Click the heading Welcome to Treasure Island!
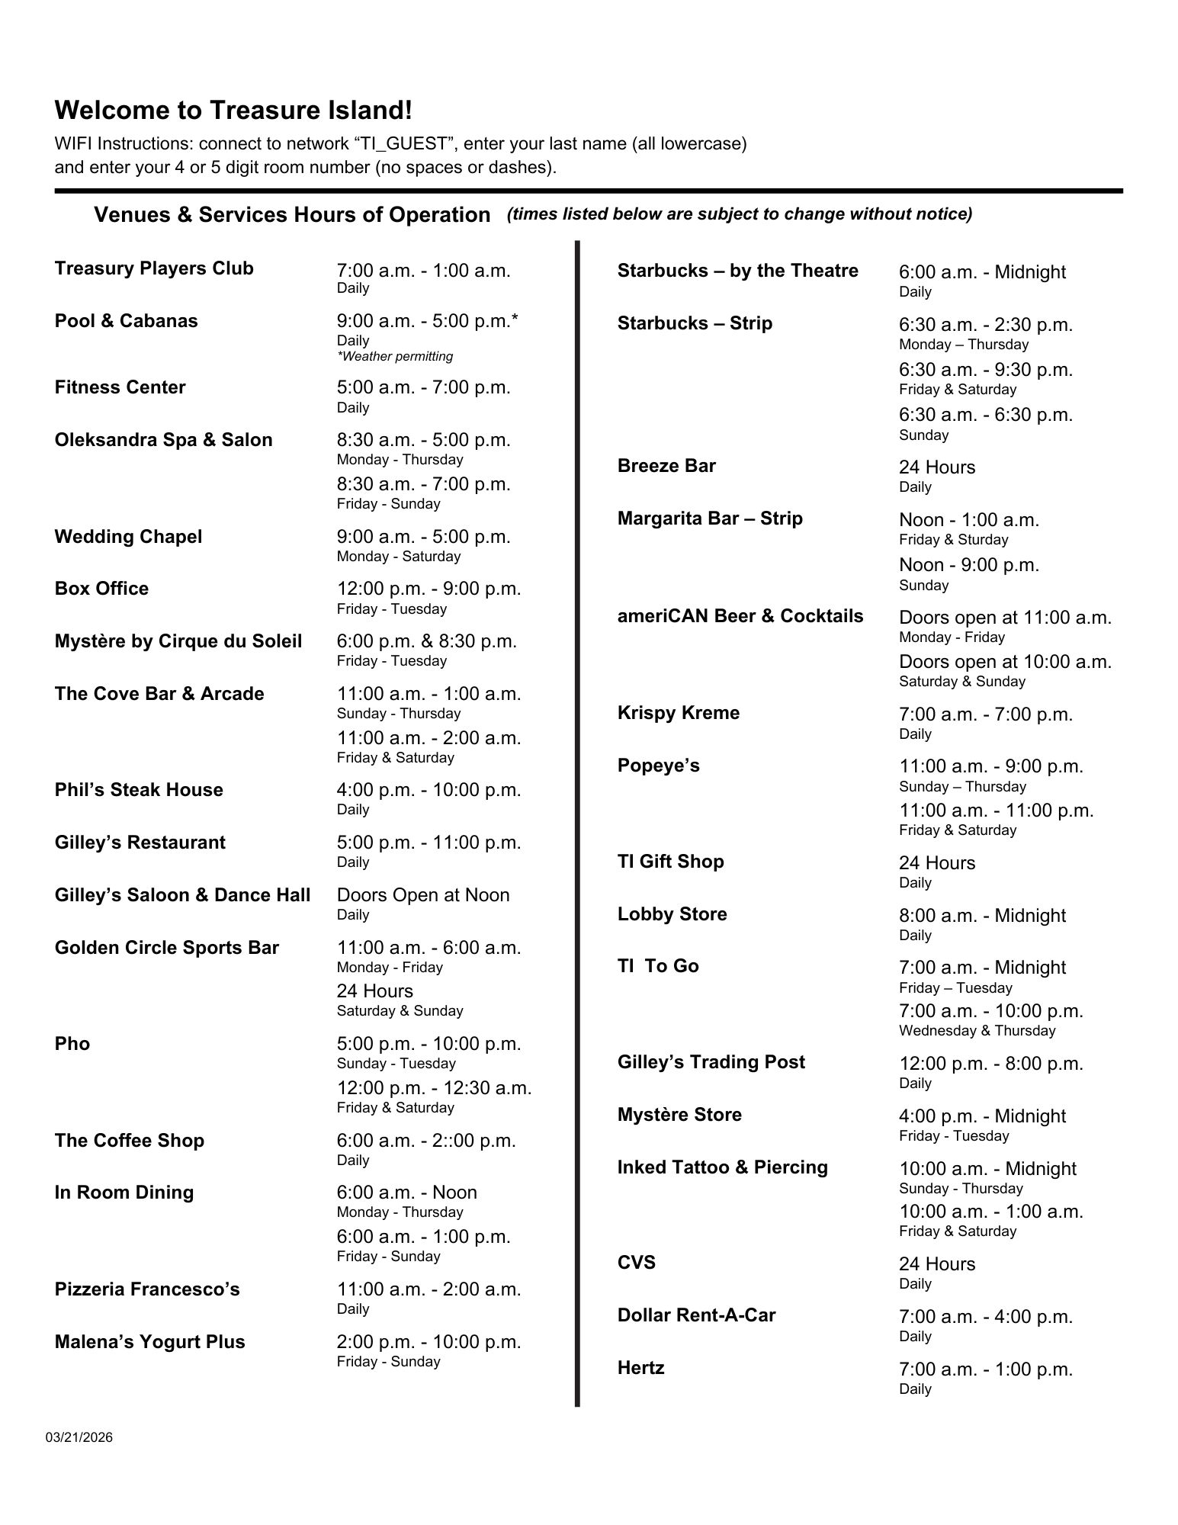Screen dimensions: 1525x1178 [233, 111]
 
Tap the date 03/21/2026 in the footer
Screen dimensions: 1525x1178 [79, 1437]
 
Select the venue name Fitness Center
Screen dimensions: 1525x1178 [120, 387]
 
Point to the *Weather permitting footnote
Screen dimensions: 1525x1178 [395, 356]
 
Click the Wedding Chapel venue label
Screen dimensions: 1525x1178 [128, 537]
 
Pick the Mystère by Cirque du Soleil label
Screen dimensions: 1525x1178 [178, 641]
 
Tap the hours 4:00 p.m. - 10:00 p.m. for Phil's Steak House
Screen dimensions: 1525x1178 [429, 790]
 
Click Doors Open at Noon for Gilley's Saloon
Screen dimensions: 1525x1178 [423, 895]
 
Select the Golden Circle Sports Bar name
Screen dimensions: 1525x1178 [166, 948]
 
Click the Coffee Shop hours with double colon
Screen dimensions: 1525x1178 [426, 1141]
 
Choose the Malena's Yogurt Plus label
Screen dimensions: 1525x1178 [149, 1342]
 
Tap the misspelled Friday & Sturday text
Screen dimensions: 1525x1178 [953, 540]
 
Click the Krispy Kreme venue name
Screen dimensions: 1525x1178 [678, 713]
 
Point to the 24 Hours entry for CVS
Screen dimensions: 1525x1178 [936, 1264]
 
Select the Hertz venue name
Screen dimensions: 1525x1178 [640, 1368]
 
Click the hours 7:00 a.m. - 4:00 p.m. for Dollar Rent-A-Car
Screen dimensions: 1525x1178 [985, 1317]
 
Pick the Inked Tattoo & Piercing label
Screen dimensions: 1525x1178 [722, 1167]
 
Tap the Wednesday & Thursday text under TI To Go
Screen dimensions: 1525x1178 [977, 1031]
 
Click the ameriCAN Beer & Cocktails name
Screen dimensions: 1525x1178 [740, 616]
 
